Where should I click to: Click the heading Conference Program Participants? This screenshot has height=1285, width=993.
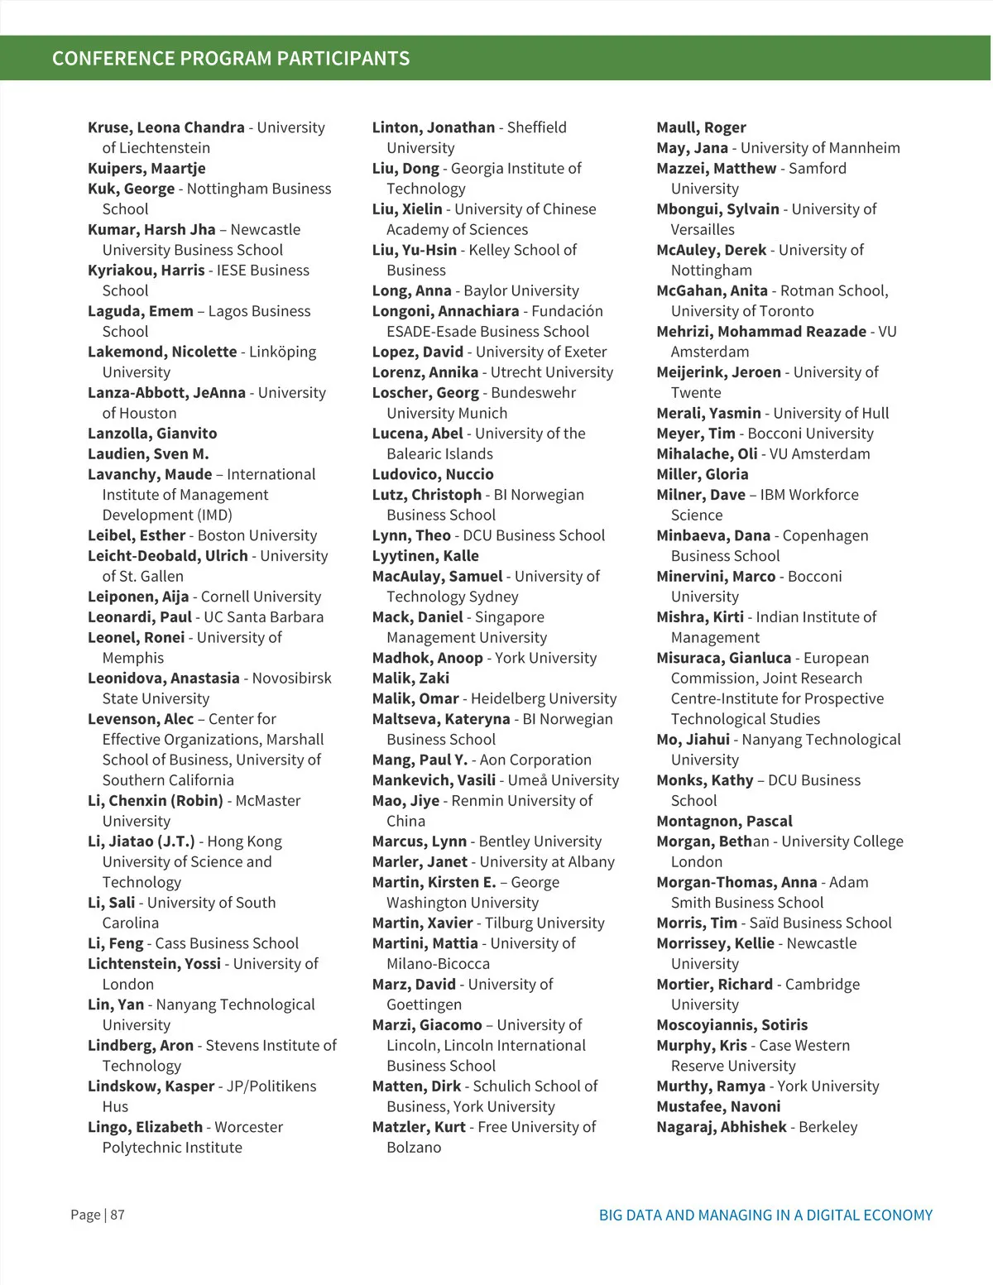[231, 59]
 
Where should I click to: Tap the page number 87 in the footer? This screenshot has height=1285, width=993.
[118, 1215]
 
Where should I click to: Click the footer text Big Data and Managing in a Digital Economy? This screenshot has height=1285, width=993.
[765, 1215]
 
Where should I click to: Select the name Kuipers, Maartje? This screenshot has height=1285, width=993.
[146, 168]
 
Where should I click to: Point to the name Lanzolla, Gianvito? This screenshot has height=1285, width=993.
[152, 433]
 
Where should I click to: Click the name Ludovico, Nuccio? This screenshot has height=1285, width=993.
[433, 474]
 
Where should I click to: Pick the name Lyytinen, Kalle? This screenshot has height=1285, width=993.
[425, 555]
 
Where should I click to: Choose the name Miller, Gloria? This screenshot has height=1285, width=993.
[702, 474]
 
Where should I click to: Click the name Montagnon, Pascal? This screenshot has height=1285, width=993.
[724, 821]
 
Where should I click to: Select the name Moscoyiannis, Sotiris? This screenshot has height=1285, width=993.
[732, 1024]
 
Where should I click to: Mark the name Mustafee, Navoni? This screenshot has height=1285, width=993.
[718, 1106]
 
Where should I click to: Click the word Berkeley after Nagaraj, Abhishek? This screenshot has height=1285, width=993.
[828, 1127]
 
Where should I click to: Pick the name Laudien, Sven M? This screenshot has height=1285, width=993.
[148, 453]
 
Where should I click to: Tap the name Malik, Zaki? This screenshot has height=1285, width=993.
[410, 678]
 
